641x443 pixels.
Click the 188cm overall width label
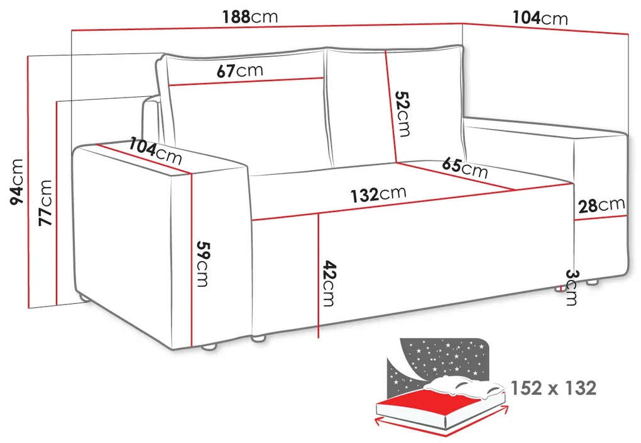pyautogui.click(x=250, y=17)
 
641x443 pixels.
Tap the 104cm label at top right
pyautogui.click(x=540, y=18)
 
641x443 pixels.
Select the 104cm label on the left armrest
pyautogui.click(x=156, y=150)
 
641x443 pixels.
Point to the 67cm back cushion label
pyautogui.click(x=239, y=71)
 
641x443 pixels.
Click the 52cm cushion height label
pyautogui.click(x=402, y=113)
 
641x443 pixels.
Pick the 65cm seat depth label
pyautogui.click(x=465, y=167)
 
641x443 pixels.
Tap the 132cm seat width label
pyautogui.click(x=378, y=194)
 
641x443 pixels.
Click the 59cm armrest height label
pyautogui.click(x=203, y=264)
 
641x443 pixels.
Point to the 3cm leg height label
pyautogui.click(x=571, y=287)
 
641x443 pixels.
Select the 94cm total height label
pyautogui.click(x=17, y=182)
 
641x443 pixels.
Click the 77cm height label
pyautogui.click(x=45, y=203)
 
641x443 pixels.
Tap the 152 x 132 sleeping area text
pyautogui.click(x=554, y=388)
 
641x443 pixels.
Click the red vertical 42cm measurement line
pyautogui.click(x=319, y=275)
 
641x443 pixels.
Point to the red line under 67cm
pyautogui.click(x=246, y=81)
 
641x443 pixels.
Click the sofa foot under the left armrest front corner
pyautogui.click(x=209, y=347)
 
